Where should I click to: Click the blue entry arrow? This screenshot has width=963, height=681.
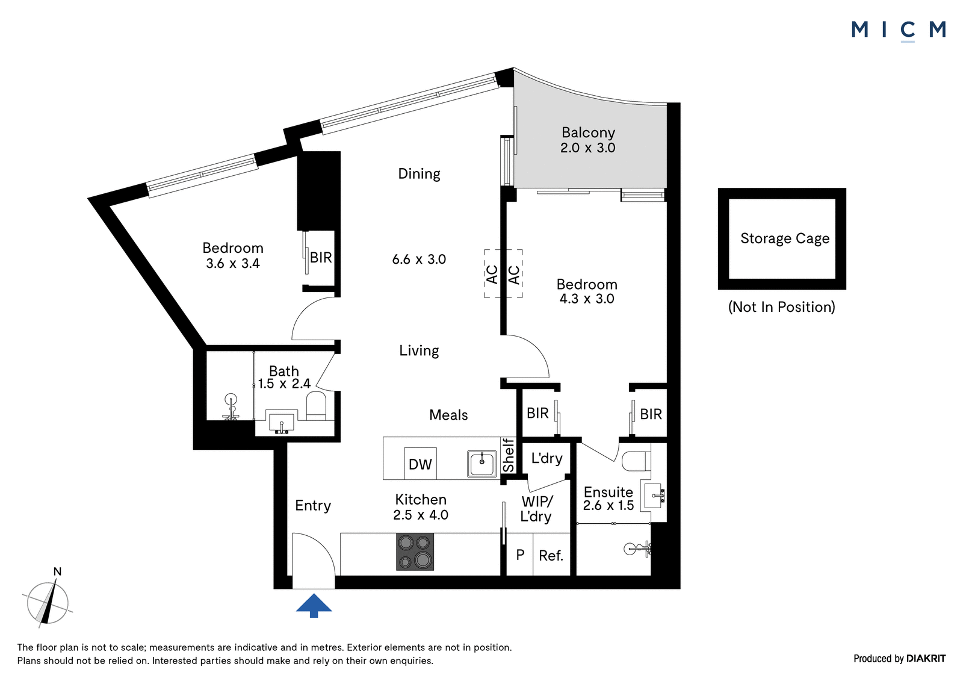[314, 605]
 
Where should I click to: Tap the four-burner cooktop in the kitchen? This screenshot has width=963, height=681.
[415, 552]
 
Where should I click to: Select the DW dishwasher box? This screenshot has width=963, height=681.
[421, 464]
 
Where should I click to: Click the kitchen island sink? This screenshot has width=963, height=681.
[482, 464]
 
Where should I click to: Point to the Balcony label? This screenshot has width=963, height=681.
[588, 132]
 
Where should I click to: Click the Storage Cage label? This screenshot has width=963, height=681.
[785, 238]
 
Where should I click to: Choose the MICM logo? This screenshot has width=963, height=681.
[899, 31]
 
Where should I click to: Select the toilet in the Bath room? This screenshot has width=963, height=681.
[316, 405]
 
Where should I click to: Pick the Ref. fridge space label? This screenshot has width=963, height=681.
[551, 555]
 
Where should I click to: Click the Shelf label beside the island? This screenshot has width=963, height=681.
[509, 455]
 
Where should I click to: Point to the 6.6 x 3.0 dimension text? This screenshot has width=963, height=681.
[419, 259]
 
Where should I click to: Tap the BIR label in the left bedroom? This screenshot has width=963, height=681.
[321, 258]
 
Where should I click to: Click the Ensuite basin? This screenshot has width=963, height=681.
[652, 496]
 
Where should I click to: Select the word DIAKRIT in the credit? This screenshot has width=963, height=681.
[926, 658]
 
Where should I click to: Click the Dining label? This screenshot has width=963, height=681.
[419, 174]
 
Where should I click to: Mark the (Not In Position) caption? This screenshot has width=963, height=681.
[782, 306]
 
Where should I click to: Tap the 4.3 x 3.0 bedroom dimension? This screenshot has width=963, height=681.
[587, 299]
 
